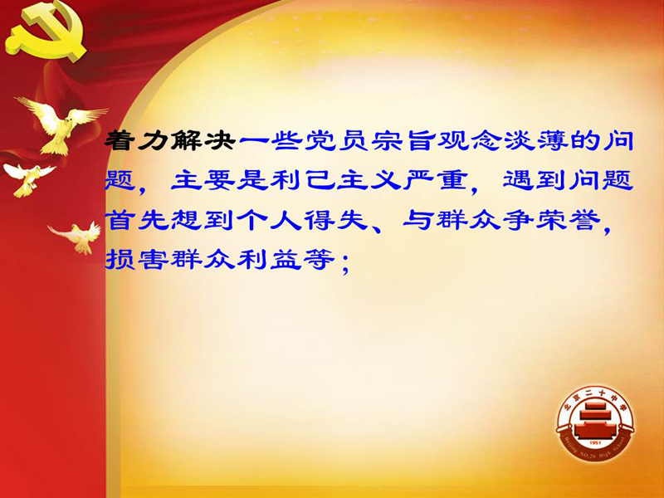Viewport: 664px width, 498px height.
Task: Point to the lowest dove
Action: tap(77, 237)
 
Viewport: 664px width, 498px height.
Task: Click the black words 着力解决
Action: tap(170, 140)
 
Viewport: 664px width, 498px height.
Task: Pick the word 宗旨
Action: tap(403, 140)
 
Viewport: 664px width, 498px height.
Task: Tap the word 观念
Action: tap(470, 140)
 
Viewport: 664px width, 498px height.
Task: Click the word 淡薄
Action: tap(536, 140)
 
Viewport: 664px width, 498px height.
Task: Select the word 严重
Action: tap(435, 180)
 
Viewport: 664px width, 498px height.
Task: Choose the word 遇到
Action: tap(535, 180)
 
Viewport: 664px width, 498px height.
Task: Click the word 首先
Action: tap(137, 220)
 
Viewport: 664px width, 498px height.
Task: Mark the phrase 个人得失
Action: tap(303, 220)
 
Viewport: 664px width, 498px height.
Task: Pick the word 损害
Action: tap(137, 259)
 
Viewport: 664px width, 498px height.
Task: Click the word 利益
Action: tap(270, 259)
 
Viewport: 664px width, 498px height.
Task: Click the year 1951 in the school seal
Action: tap(594, 442)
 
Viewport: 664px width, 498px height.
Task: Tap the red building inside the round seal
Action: tap(595, 422)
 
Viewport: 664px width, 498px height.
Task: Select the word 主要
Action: tap(203, 180)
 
